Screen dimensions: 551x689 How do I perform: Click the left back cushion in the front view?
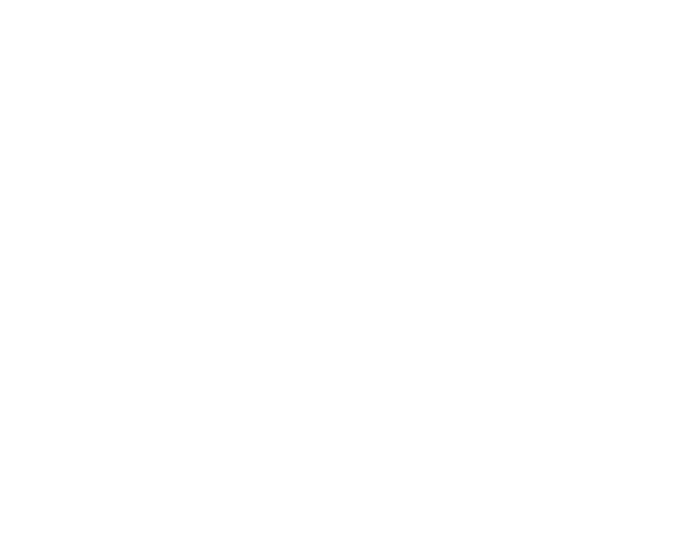(143, 100)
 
